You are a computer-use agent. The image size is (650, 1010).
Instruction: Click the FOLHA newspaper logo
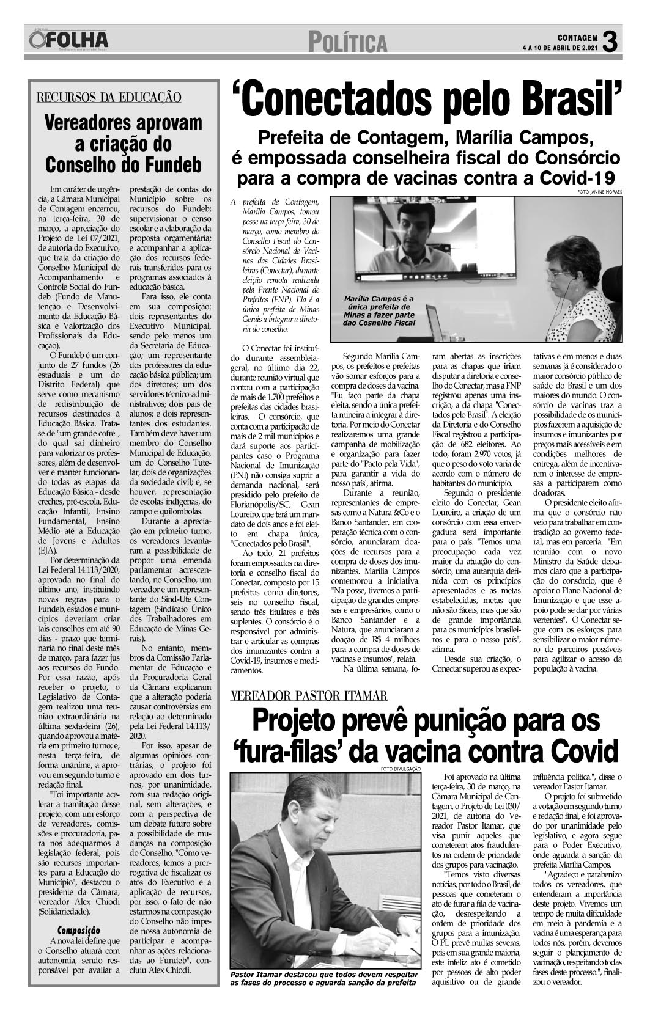tap(68, 41)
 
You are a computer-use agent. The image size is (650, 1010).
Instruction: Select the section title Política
tap(348, 43)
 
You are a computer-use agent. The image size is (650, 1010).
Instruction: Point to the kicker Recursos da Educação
tap(109, 97)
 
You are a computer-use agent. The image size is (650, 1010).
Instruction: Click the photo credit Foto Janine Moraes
tap(599, 192)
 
